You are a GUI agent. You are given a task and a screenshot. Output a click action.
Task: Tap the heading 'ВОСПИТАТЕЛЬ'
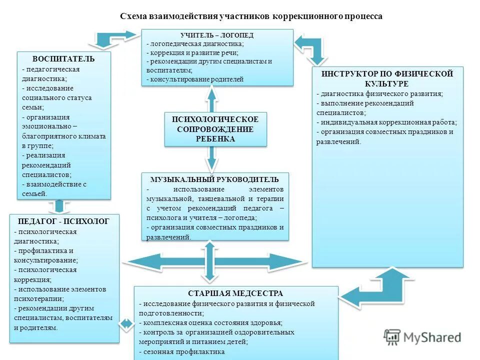(x=63, y=59)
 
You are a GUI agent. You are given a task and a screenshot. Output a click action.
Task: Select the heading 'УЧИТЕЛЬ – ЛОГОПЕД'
(x=217, y=35)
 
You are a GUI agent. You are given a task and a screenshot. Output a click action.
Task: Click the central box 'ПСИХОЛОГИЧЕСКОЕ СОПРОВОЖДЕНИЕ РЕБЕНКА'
(x=215, y=129)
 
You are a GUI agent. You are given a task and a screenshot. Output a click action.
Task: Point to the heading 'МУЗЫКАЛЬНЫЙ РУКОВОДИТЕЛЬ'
(x=215, y=179)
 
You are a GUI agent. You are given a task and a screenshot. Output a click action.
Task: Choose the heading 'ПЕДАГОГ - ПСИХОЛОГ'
(x=63, y=221)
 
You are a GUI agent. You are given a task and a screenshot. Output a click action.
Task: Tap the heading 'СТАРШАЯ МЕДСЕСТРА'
(x=235, y=293)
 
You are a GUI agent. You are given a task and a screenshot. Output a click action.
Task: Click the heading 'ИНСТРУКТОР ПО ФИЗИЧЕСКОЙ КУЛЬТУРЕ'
(x=387, y=78)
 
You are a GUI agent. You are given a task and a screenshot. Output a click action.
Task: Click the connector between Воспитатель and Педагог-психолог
(x=59, y=206)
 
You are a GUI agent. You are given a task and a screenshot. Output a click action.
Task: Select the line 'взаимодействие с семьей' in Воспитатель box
(x=54, y=188)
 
